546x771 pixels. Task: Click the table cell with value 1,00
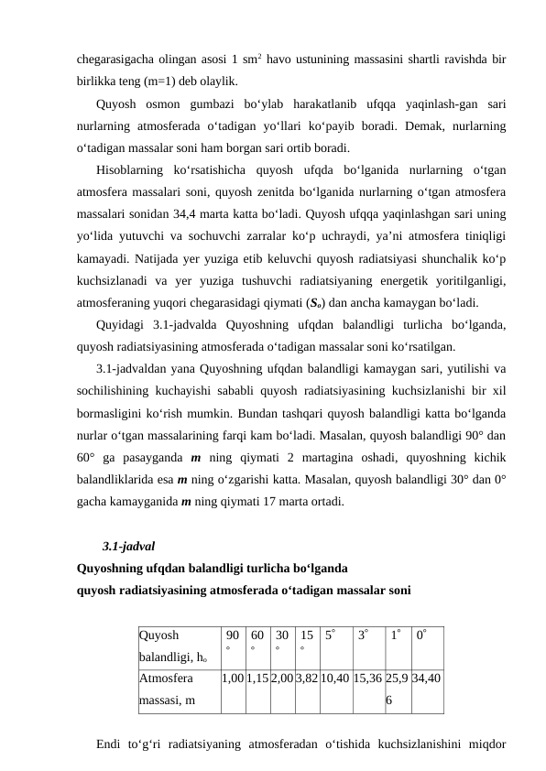pos(233,679)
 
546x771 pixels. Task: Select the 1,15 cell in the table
pos(258,679)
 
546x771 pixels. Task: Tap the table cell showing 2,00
pos(283,679)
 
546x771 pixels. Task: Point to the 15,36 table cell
pos(367,679)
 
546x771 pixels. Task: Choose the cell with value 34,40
pos(427,679)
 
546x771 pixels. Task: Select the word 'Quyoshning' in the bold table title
pos(113,568)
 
